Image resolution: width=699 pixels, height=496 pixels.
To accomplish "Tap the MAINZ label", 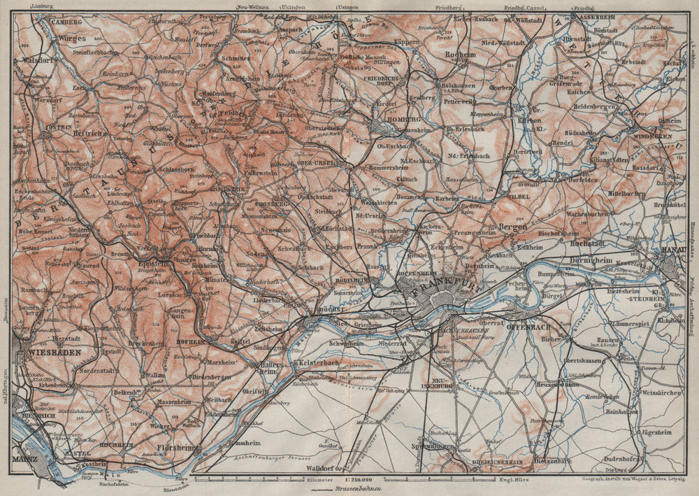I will pos(24,460).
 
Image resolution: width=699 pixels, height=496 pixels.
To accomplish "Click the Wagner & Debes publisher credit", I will pos(631,479).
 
